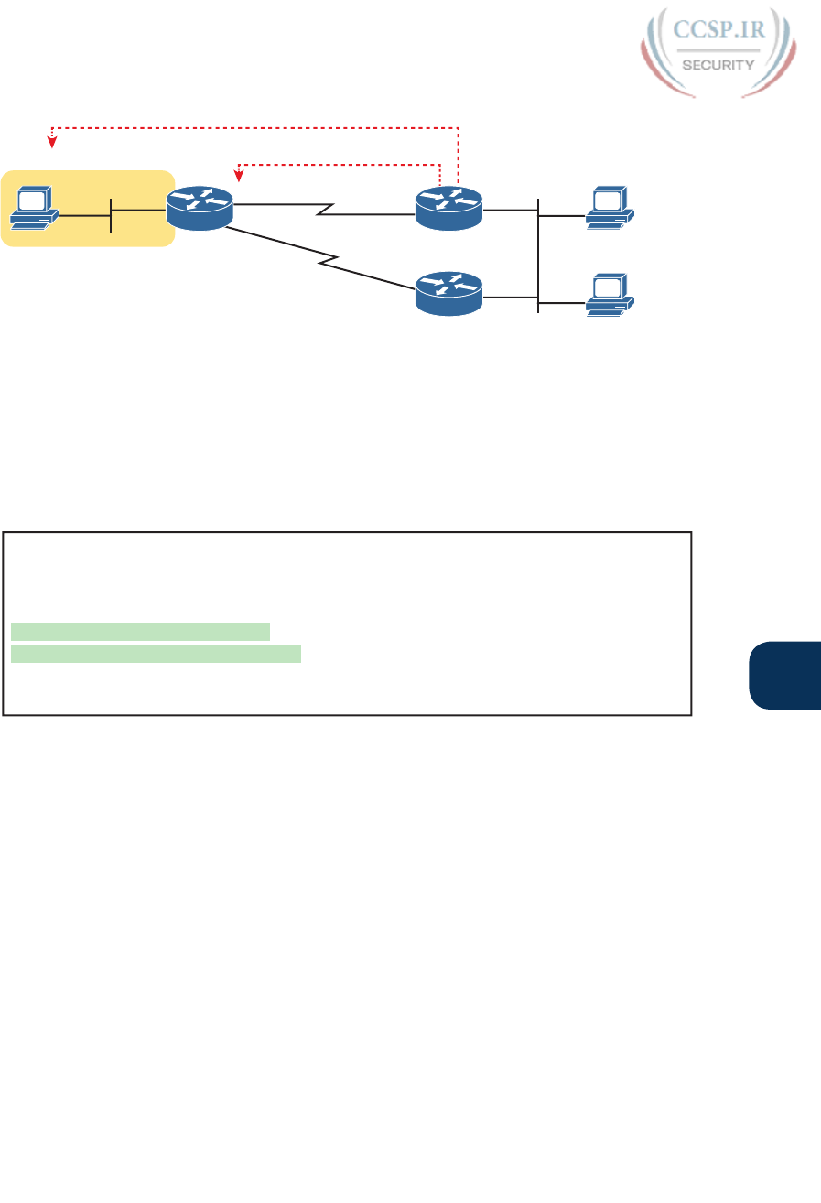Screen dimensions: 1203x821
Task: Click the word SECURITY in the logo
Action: coord(718,65)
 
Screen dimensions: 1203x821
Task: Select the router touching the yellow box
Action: coord(200,210)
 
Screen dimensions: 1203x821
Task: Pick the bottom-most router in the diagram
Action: coord(448,292)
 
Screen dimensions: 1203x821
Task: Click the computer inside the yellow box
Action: coord(34,209)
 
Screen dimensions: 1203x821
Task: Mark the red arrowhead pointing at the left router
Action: coord(239,174)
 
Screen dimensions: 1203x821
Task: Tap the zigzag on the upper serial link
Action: coord(324,211)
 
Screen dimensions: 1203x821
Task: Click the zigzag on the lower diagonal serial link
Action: coord(329,264)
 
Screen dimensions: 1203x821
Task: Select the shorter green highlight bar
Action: coord(141,631)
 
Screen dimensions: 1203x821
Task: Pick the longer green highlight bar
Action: coord(156,653)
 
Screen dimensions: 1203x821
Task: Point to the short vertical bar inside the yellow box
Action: coord(110,215)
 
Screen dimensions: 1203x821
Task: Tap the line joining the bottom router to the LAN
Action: coord(510,297)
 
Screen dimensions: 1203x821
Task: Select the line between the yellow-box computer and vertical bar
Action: coord(84,216)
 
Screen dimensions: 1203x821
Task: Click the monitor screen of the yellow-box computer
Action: coord(32,200)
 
